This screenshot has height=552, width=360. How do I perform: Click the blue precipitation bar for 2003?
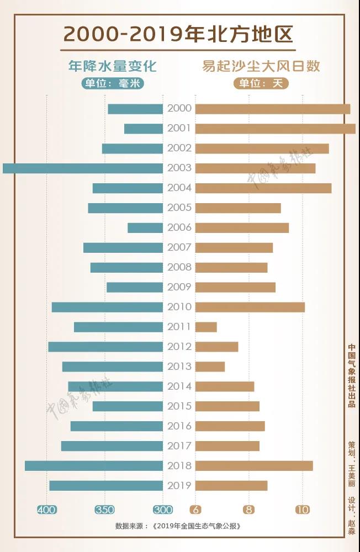83,168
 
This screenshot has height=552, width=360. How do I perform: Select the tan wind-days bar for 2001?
275,129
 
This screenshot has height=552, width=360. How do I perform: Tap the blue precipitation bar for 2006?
145,228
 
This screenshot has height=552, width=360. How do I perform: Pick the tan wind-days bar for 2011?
206,327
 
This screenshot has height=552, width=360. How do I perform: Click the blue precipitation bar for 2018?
94,466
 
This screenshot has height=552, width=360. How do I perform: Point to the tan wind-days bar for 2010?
250,307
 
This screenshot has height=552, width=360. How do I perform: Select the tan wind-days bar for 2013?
210,367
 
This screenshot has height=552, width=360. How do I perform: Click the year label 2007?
179,247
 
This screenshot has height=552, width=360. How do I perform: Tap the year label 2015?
179,406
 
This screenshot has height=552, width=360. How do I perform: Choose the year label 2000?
179,109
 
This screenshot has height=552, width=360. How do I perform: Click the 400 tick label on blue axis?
46,509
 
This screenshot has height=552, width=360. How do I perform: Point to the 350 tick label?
104,509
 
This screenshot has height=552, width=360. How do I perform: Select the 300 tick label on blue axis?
163,509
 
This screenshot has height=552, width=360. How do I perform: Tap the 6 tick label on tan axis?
195,509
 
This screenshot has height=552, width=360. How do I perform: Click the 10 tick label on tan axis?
303,509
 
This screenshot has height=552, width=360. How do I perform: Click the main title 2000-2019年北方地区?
179,34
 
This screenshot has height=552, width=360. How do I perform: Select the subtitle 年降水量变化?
113,66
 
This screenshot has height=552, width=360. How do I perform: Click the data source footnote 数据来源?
178,526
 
